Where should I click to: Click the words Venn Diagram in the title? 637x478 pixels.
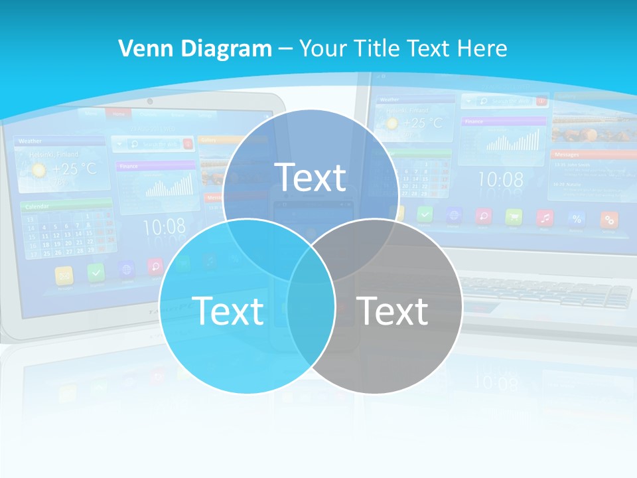[x=194, y=48]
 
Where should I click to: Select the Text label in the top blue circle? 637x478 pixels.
[x=311, y=177]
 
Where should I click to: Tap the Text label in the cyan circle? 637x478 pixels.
[x=228, y=311]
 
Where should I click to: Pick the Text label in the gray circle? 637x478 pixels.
[x=392, y=311]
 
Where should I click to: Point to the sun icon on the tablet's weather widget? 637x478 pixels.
[x=39, y=169]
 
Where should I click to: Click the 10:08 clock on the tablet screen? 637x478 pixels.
[x=164, y=227]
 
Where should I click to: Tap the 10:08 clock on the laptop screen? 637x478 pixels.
[x=500, y=179]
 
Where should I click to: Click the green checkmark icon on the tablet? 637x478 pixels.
[x=97, y=272]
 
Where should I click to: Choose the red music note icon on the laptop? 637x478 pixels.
[x=545, y=217]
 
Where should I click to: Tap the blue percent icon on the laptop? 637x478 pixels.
[x=577, y=218]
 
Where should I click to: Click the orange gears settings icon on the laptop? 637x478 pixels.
[x=608, y=219]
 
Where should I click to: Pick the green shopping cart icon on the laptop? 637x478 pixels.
[x=514, y=216]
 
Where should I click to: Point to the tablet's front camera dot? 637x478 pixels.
[x=150, y=102]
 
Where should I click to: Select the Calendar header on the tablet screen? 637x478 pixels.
[x=33, y=206]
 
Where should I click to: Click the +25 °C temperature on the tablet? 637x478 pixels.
[x=74, y=169]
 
